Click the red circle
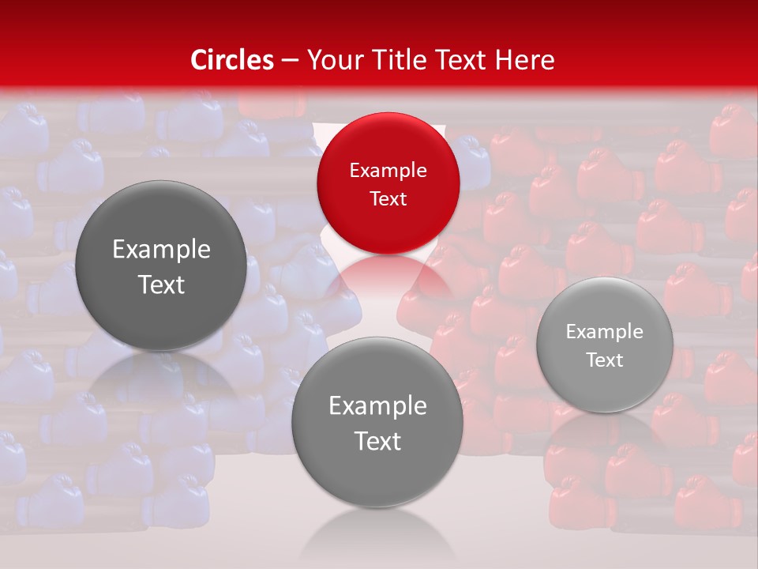point(388,183)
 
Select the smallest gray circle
point(605,345)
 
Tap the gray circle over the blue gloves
point(161,266)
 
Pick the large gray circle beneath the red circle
point(377,423)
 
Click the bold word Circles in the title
point(232,60)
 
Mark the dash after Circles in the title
point(290,60)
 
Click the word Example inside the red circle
point(388,170)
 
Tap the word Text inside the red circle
point(388,198)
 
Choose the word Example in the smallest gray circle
point(605,331)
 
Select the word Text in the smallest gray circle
point(605,360)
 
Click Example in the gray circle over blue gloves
point(161,250)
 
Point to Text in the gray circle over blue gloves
point(161,284)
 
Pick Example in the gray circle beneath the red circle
point(377,405)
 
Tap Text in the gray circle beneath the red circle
point(377,440)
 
